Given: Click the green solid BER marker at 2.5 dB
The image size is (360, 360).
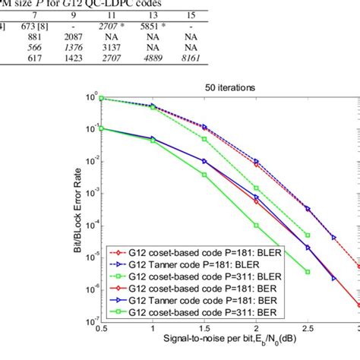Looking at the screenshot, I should pos(308,272).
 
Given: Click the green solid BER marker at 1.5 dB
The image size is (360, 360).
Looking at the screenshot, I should pos(204,175).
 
